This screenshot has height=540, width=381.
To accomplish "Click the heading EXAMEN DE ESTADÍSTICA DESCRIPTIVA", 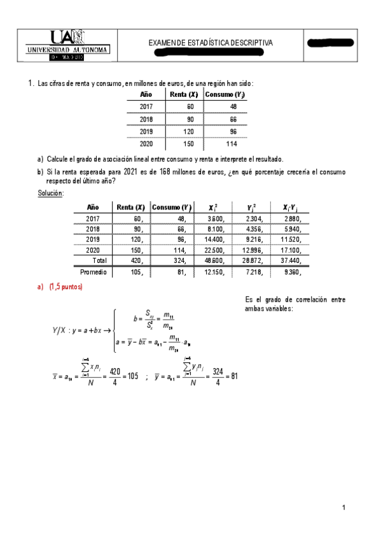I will pyautogui.click(x=211, y=43).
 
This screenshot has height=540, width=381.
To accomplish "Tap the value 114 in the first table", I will pyautogui.click(x=231, y=144).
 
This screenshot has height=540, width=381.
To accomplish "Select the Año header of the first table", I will pyautogui.click(x=146, y=94).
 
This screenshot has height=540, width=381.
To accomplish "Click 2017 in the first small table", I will pyautogui.click(x=146, y=107).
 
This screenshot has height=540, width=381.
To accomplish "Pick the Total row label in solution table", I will pyautogui.click(x=100, y=260).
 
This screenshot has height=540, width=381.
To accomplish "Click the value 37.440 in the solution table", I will pyautogui.click(x=292, y=260).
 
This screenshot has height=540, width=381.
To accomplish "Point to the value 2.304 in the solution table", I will pyautogui.click(x=254, y=218).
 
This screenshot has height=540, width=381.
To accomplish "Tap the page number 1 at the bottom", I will pyautogui.click(x=343, y=508).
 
